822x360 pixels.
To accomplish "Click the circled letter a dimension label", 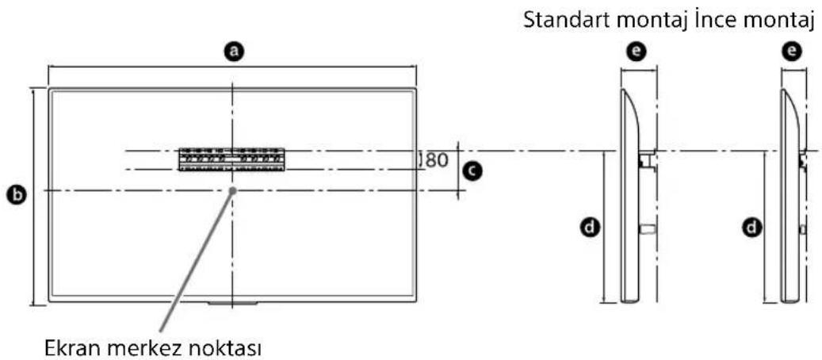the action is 232,52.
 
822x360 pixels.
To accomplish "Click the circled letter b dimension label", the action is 14,193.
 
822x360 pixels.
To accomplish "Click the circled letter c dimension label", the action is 472,170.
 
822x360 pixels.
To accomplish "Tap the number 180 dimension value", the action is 434,159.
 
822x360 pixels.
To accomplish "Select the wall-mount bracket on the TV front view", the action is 231,159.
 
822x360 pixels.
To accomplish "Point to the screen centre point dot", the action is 232,190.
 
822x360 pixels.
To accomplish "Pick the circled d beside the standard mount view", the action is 589,228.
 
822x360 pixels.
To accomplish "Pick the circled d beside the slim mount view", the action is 749,228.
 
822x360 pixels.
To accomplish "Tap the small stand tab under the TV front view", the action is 231,303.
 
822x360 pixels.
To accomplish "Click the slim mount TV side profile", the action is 790,198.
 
